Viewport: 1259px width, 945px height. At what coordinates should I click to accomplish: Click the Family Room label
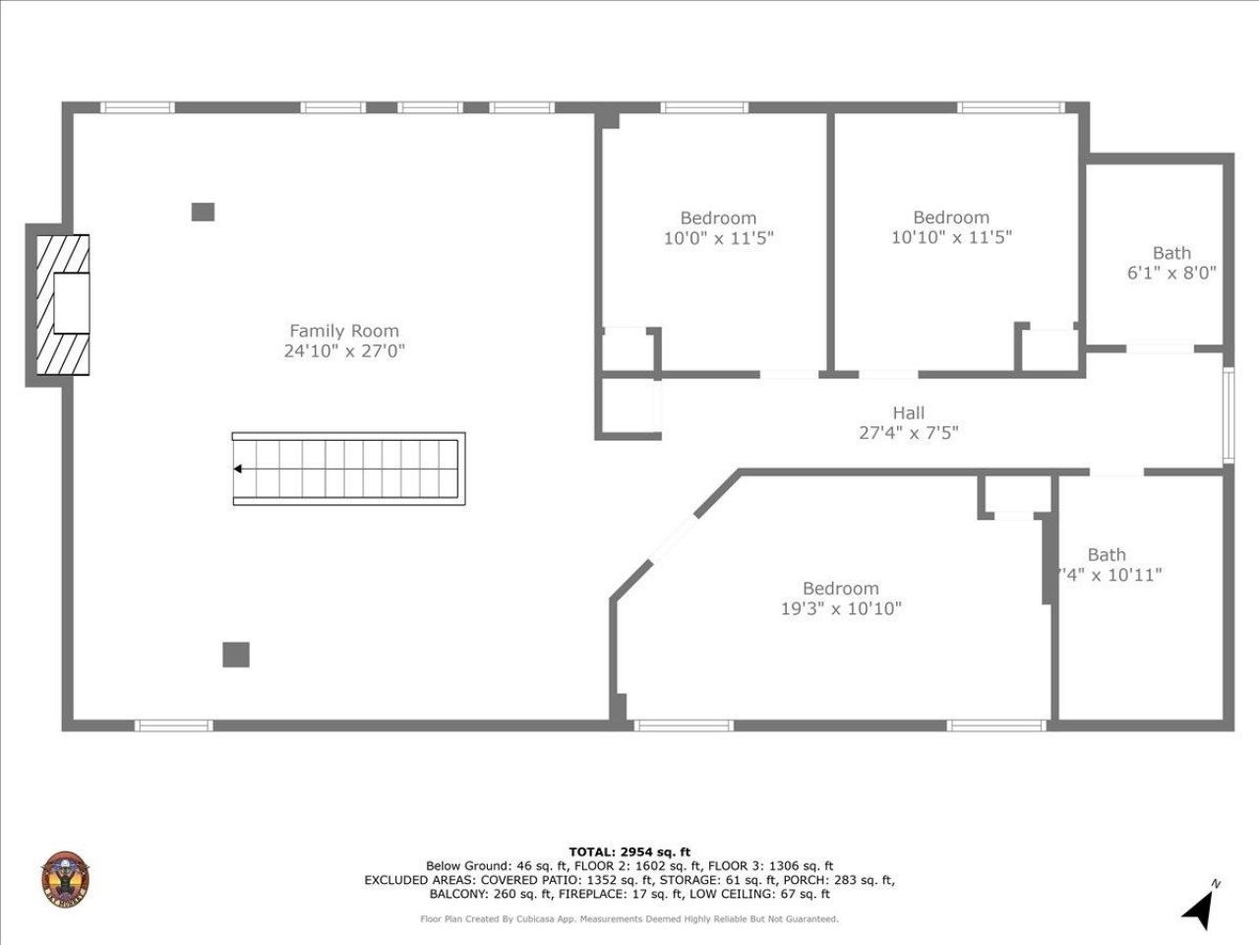click(343, 331)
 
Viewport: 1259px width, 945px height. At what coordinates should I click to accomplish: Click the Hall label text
click(908, 412)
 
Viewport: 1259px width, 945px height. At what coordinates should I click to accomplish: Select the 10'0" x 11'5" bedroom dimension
click(718, 237)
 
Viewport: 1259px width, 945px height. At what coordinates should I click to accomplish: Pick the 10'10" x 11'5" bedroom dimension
click(951, 237)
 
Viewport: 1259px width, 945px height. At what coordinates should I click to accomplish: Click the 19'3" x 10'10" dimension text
click(841, 608)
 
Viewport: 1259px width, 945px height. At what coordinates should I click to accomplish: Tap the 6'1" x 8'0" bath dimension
click(1171, 273)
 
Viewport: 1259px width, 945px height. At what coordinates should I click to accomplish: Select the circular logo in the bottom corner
click(66, 879)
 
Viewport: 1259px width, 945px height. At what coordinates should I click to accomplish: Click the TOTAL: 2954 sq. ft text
click(629, 851)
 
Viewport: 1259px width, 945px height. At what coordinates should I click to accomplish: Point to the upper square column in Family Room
click(203, 211)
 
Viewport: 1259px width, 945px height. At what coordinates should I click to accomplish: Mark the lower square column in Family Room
click(235, 655)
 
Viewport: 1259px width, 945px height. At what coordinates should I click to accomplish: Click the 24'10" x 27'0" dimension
click(344, 350)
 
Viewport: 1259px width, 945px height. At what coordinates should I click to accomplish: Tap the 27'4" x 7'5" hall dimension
click(908, 432)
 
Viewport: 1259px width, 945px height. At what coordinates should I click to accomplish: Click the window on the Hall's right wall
click(1228, 414)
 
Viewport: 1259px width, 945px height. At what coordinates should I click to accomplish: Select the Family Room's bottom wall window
click(173, 725)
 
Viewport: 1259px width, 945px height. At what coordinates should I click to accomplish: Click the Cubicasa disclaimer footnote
click(629, 918)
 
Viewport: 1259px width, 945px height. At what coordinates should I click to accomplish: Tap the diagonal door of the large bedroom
click(674, 539)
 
